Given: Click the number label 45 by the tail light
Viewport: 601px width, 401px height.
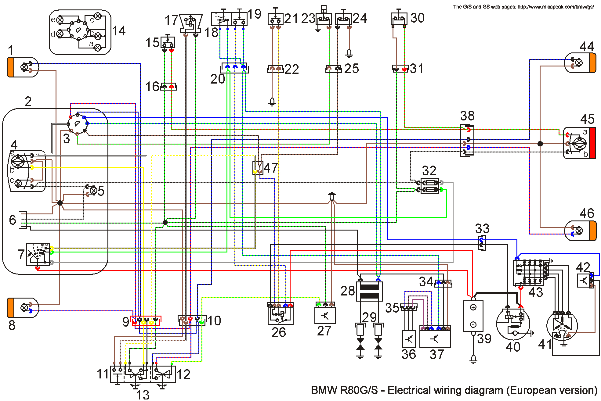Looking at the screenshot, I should pyautogui.click(x=587, y=119).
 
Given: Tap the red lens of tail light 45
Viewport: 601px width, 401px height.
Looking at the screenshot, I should pyautogui.click(x=592, y=143).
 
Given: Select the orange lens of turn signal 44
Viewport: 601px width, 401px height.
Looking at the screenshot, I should pyautogui.click(x=592, y=63).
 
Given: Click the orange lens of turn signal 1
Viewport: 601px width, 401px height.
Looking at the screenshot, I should pyautogui.click(x=10, y=67).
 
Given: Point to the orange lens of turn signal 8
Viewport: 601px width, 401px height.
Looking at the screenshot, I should pyautogui.click(x=10, y=308).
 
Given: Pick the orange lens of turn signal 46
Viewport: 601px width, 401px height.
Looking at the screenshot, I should pyautogui.click(x=592, y=231).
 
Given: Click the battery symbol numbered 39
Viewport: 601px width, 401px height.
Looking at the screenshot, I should pyautogui.click(x=473, y=316).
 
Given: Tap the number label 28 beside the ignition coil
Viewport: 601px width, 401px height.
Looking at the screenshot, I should pyautogui.click(x=348, y=291).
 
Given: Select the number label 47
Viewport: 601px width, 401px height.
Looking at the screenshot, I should pyautogui.click(x=271, y=168).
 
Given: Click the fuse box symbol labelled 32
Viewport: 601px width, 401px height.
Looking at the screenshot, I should pyautogui.click(x=430, y=186).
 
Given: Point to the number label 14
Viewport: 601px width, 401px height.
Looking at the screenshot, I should pyautogui.click(x=119, y=31).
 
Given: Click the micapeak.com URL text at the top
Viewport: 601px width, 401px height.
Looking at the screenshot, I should pyautogui.click(x=556, y=7).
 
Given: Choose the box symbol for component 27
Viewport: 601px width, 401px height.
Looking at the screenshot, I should pyautogui.click(x=325, y=315).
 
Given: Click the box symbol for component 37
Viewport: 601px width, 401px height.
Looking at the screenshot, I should pyautogui.click(x=435, y=339).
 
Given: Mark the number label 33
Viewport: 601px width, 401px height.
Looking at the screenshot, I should pyautogui.click(x=482, y=228).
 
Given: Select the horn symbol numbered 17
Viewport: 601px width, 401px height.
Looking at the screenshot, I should pyautogui.click(x=191, y=23).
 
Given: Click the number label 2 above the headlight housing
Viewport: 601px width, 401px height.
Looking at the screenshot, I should pyautogui.click(x=28, y=102).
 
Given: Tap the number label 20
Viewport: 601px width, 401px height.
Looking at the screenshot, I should pyautogui.click(x=218, y=79).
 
